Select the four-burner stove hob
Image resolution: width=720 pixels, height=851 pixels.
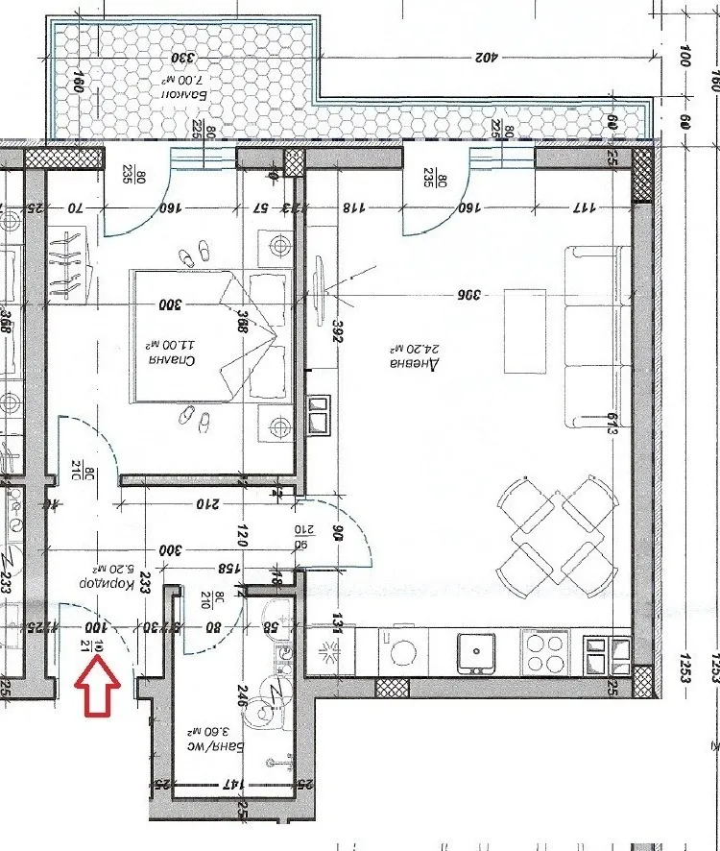tap(544, 652)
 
